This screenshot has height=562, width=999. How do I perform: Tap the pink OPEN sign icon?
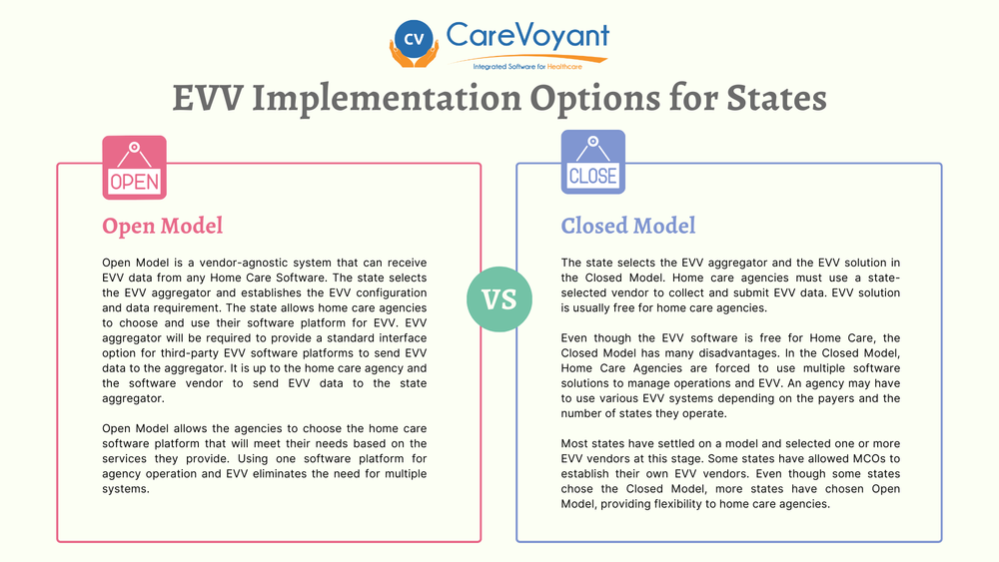(x=135, y=169)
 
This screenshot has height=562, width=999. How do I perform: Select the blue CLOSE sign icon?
(x=593, y=162)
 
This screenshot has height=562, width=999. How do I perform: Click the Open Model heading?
(x=163, y=226)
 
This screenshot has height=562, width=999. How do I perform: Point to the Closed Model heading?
(x=628, y=226)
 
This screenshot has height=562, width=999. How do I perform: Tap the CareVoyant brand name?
(x=527, y=35)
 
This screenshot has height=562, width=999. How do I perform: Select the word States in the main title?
(x=769, y=99)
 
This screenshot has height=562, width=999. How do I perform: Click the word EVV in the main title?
(x=210, y=99)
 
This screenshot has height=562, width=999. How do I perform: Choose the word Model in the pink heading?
(x=193, y=226)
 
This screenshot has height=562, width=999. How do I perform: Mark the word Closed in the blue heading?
(x=596, y=226)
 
